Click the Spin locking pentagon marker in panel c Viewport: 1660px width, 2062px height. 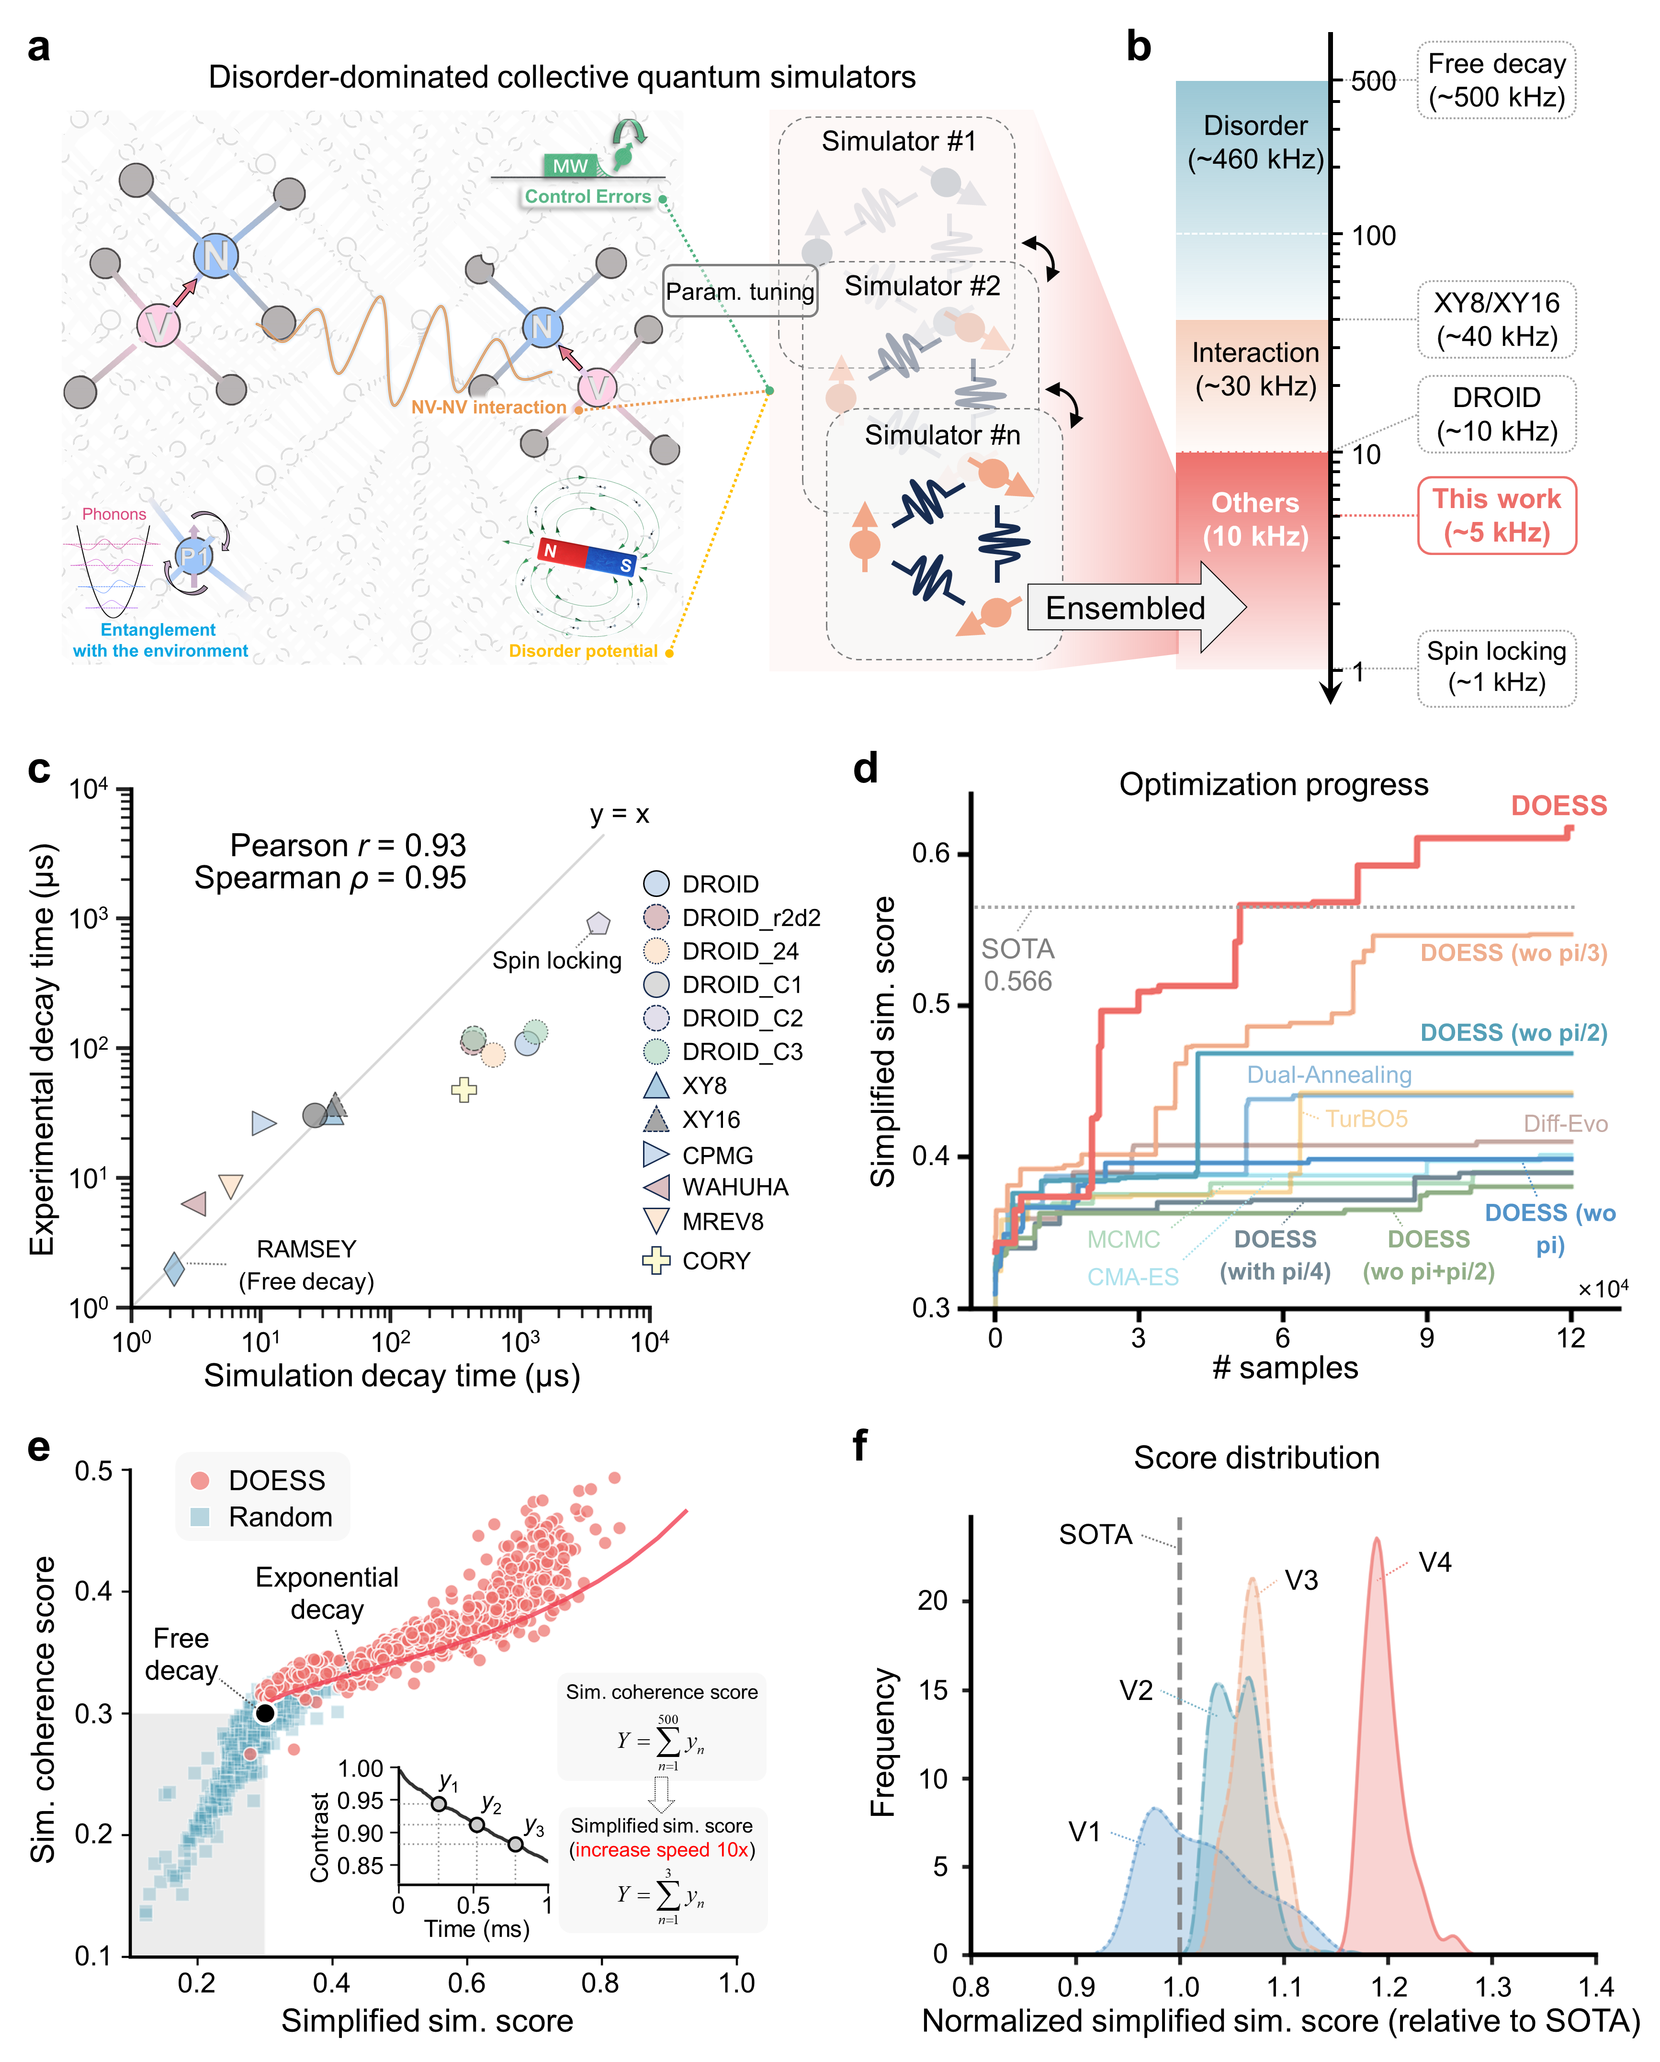tap(599, 923)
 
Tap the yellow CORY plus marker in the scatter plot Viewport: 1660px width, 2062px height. tap(464, 1089)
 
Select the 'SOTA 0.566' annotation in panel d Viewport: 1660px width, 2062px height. tap(1017, 964)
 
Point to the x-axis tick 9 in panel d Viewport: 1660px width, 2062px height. tap(1427, 1337)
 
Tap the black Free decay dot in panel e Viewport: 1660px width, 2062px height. tap(265, 1713)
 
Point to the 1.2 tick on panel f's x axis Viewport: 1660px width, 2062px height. tap(1389, 1986)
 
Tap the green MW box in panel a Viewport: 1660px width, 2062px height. tap(570, 166)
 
